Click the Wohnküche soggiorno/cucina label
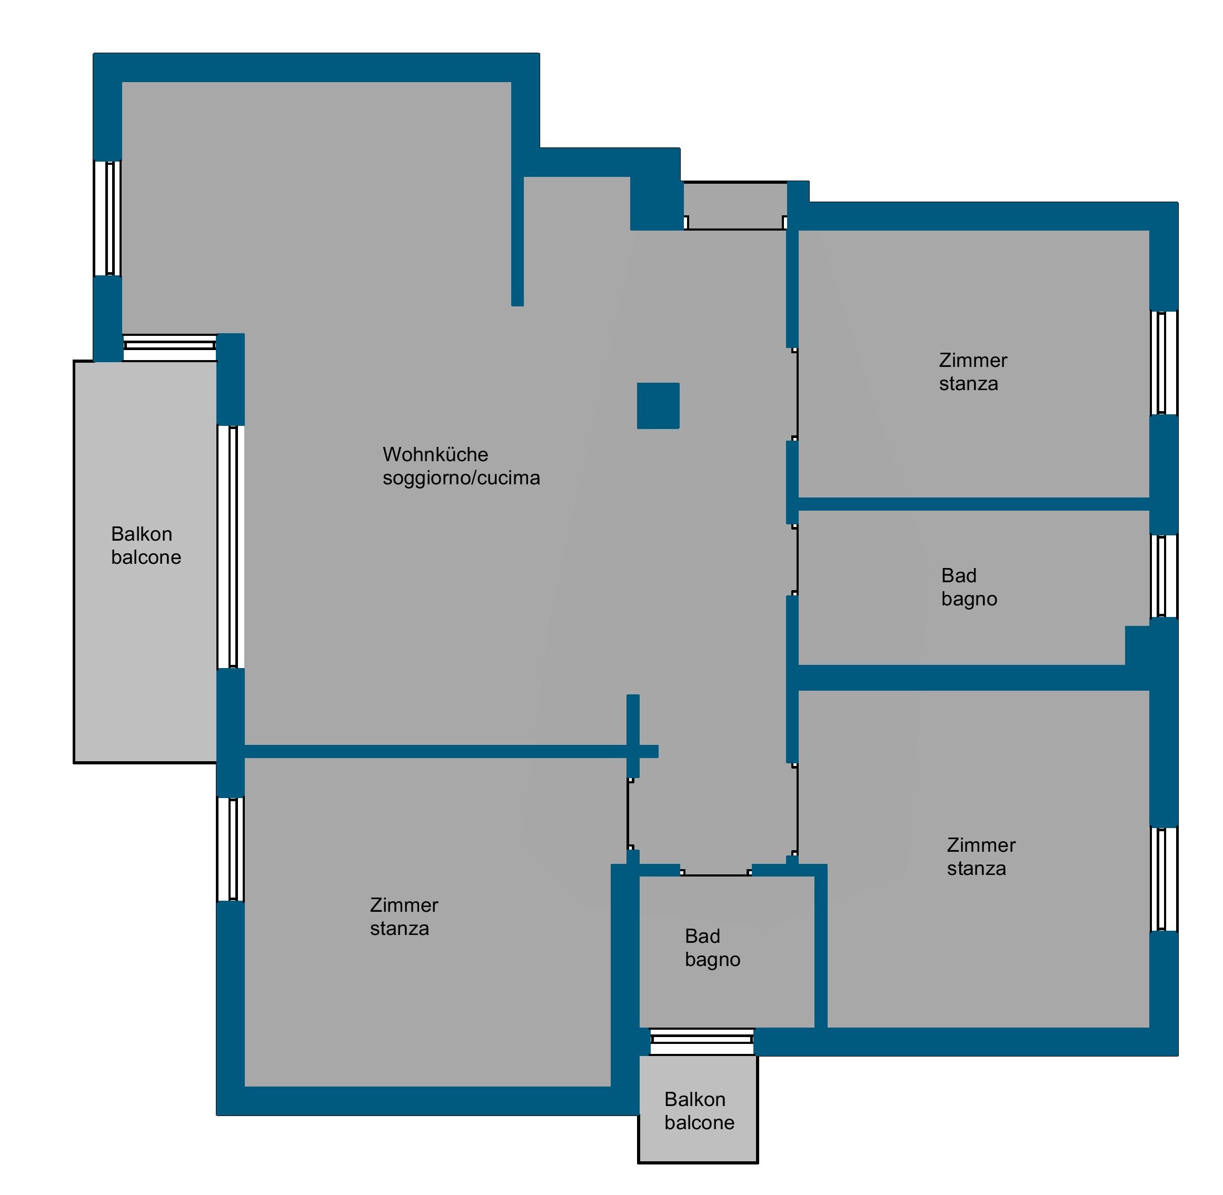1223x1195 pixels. tap(461, 466)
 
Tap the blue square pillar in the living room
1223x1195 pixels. tap(658, 405)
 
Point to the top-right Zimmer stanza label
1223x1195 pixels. tap(972, 372)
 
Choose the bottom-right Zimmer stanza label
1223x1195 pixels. tap(981, 856)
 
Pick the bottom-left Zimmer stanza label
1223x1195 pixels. tap(404, 917)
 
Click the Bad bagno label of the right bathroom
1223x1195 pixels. tap(969, 587)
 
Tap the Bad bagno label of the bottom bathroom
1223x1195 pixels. tap(712, 948)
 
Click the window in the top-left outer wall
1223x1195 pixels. tap(107, 218)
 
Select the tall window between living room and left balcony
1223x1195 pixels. tap(231, 546)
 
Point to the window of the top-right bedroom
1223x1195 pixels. tap(1164, 363)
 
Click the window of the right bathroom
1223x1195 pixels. tap(1164, 576)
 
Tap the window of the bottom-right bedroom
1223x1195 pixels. tap(1164, 879)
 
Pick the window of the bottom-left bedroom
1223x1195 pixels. tap(231, 849)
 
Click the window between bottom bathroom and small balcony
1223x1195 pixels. tap(701, 1041)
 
